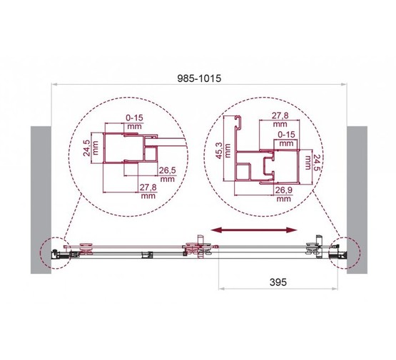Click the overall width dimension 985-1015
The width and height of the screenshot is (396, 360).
point(199,78)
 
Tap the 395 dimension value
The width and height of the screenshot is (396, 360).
point(278,282)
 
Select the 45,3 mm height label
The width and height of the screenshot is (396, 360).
point(219,150)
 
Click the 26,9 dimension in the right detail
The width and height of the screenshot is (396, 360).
point(283,190)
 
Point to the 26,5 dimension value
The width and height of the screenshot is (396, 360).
point(167,170)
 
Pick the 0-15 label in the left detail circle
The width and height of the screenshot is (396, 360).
point(134,118)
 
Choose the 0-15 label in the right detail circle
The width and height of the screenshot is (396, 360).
point(286,135)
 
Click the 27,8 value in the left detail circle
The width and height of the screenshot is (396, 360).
point(148,187)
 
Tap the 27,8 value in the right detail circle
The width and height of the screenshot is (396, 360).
point(280,115)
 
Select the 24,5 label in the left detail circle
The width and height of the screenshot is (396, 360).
point(86,148)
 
